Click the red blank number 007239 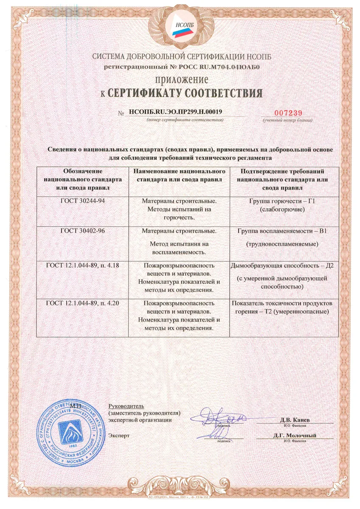[287, 112]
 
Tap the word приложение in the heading [180, 79]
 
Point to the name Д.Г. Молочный [295, 436]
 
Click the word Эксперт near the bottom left [119, 436]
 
